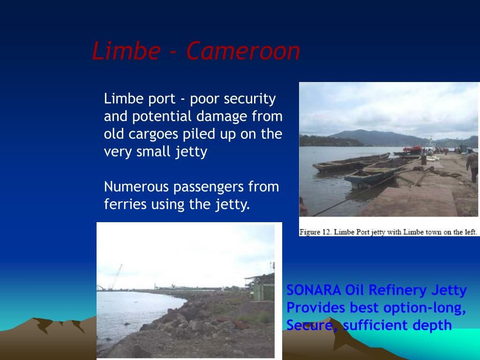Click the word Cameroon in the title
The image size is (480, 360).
(x=243, y=51)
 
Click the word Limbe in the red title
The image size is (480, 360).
(x=125, y=51)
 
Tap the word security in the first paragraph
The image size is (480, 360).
(x=249, y=99)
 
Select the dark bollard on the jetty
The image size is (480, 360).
(x=423, y=159)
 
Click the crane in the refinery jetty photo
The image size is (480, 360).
(x=115, y=277)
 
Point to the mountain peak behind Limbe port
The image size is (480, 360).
(x=361, y=132)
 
